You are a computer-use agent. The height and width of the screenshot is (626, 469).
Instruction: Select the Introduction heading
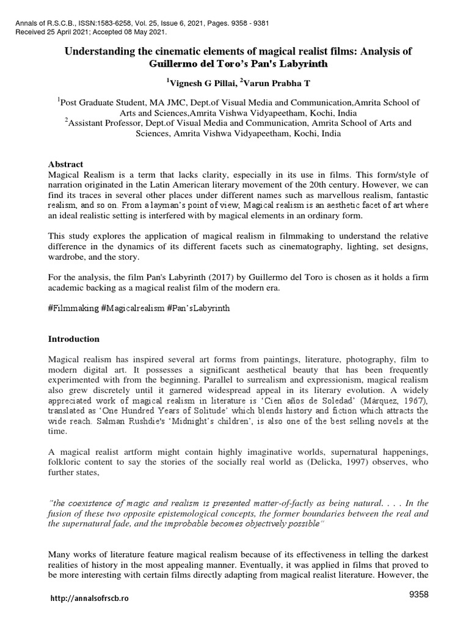[74, 339]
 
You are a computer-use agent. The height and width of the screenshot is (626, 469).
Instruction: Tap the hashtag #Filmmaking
[73, 309]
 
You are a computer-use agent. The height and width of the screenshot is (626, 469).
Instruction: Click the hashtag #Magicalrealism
[136, 309]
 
